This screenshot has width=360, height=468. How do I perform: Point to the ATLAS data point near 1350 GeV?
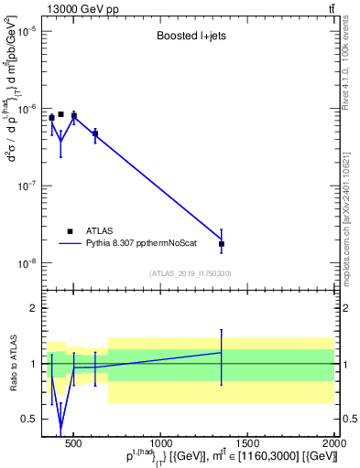pyautogui.click(x=222, y=244)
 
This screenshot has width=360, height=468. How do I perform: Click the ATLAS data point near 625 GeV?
pyautogui.click(x=95, y=133)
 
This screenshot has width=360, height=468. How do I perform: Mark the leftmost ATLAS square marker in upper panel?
pyautogui.click(x=51, y=117)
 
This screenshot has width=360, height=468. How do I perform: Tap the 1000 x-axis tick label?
pyautogui.click(x=160, y=443)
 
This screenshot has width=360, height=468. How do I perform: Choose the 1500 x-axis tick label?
pyautogui.click(x=247, y=443)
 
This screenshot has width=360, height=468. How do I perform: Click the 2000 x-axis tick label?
pyautogui.click(x=334, y=443)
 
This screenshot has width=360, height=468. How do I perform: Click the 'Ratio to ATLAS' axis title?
pyautogui.click(x=12, y=364)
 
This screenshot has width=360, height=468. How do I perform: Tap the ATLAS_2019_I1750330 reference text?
pyautogui.click(x=190, y=273)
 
